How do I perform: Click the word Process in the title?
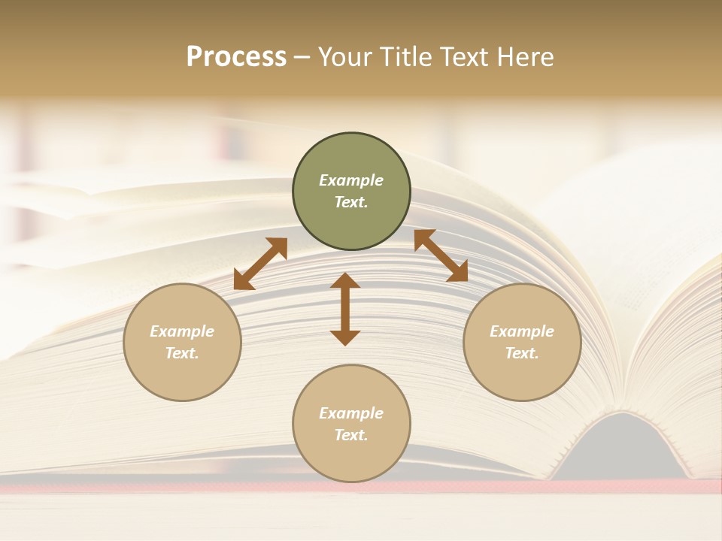point(236,57)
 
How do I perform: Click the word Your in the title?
point(346,57)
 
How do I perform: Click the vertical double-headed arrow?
point(345,309)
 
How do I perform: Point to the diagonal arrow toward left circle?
point(260,263)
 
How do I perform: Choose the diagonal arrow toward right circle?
point(441,255)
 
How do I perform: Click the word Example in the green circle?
point(351,180)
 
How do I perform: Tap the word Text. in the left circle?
point(182,353)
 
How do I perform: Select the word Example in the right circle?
point(522,331)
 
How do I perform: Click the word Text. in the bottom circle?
point(351,435)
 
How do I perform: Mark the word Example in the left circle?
point(182,331)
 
